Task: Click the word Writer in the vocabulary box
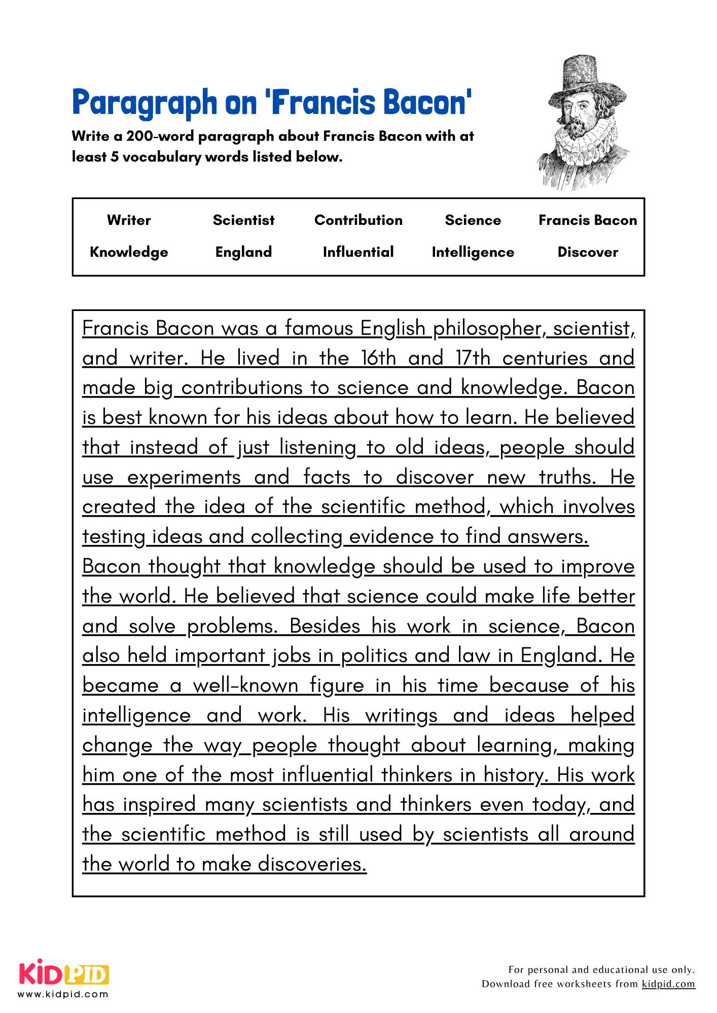pos(129,220)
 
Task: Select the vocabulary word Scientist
pos(243,220)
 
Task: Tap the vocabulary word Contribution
pos(358,220)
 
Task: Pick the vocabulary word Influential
pos(358,252)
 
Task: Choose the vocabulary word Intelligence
pos(473,252)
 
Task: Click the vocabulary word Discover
pos(588,252)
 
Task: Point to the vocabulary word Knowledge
pos(129,252)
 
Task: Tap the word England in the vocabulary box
pos(243,252)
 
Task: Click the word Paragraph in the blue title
pos(145,103)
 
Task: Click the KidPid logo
pos(64,973)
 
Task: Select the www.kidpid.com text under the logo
pos(63,994)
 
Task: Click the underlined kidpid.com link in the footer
pos(668,984)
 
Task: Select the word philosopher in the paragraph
pos(489,329)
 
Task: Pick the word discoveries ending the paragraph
pos(312,864)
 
